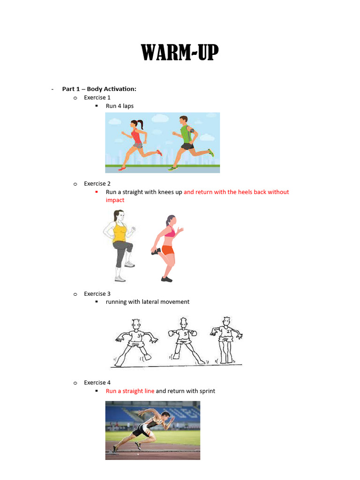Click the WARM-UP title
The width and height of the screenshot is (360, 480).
(x=180, y=53)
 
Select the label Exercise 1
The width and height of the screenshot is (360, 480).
(x=97, y=97)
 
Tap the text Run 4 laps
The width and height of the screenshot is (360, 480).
(x=120, y=106)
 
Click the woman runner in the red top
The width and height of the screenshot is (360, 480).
(x=138, y=142)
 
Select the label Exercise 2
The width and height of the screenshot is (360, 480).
(x=97, y=184)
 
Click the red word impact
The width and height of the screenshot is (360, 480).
(x=115, y=200)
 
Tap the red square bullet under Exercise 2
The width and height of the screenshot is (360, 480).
(x=97, y=192)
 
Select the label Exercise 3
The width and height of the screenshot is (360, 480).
(x=97, y=294)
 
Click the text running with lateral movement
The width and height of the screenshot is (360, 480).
(x=148, y=302)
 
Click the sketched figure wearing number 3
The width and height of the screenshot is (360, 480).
(x=135, y=341)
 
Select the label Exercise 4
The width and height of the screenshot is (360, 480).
(x=97, y=382)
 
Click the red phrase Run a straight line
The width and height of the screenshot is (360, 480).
(x=130, y=391)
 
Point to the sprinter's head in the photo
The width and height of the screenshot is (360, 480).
(x=165, y=416)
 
